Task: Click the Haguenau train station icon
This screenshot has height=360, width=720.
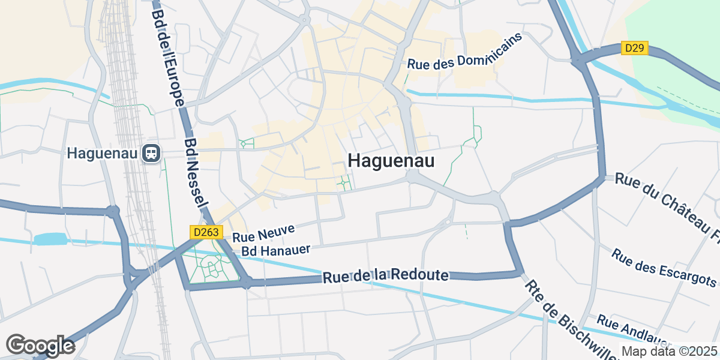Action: click(151, 154)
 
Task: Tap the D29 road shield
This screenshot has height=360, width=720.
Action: click(635, 48)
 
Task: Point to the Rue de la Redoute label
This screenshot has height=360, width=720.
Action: click(386, 276)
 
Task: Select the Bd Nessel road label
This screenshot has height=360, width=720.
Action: click(196, 174)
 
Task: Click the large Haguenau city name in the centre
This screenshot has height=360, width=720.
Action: click(391, 161)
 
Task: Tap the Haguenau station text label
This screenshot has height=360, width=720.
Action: click(103, 154)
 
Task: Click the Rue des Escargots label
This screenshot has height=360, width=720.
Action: click(664, 267)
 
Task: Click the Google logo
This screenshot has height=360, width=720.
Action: click(40, 346)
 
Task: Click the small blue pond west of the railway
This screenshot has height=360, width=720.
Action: click(49, 239)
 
